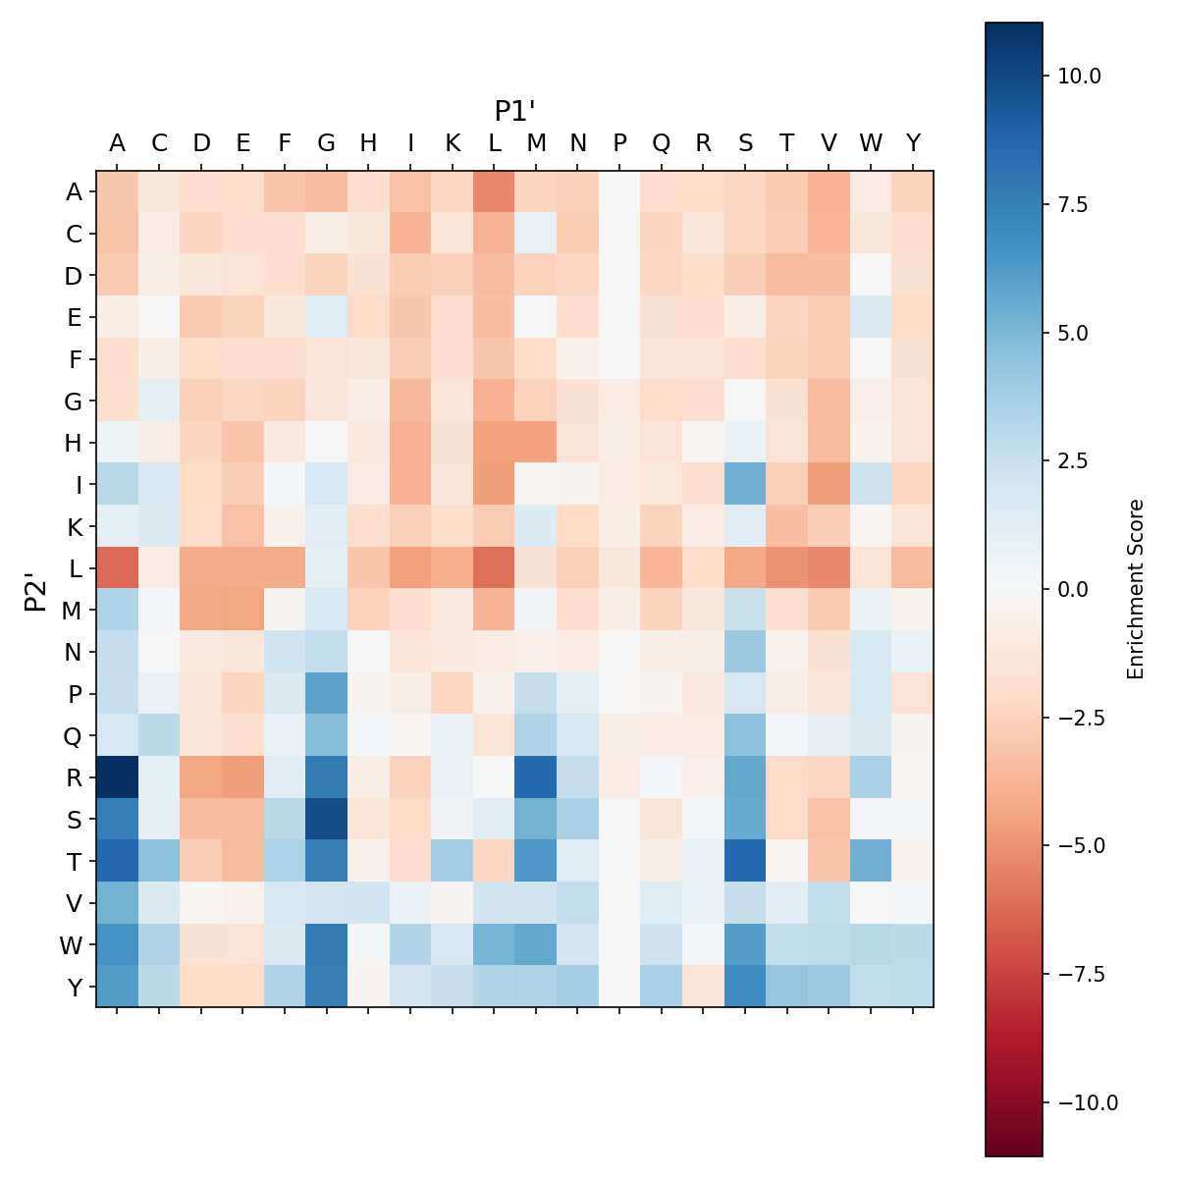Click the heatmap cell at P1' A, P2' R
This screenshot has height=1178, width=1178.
click(117, 776)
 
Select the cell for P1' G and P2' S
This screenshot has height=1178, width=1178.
click(327, 819)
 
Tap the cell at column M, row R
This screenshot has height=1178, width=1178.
click(536, 776)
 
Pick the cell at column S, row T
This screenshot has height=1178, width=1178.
click(745, 861)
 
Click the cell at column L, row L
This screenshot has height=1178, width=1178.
click(495, 567)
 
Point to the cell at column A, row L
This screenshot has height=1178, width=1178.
click(117, 567)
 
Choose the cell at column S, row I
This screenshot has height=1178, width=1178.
click(745, 484)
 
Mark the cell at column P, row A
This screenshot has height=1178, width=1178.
click(619, 191)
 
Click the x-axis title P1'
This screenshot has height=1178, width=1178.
click(514, 111)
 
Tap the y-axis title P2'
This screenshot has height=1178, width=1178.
click(36, 589)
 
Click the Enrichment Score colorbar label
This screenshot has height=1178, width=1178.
click(1136, 589)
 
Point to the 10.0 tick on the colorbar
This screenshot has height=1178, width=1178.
click(1080, 76)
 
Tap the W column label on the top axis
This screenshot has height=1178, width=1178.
click(871, 143)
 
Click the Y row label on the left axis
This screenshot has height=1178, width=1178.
click(74, 987)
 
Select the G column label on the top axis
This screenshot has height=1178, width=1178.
click(327, 143)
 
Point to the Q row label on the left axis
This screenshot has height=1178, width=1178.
click(74, 735)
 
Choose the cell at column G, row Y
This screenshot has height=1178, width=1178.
click(327, 987)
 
